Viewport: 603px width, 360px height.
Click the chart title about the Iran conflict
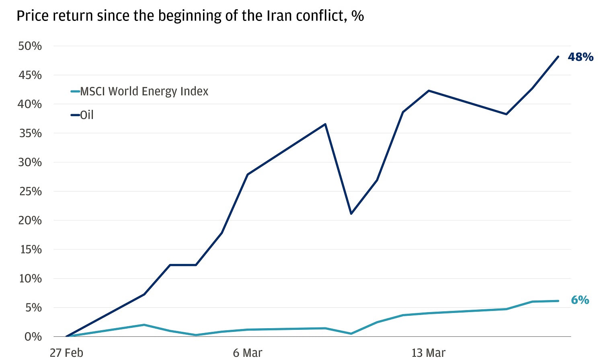pyautogui.click(x=190, y=16)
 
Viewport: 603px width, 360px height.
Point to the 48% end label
pyautogui.click(x=580, y=57)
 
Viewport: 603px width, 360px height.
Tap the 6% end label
pyautogui.click(x=580, y=300)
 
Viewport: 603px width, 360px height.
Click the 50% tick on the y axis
pyautogui.click(x=30, y=46)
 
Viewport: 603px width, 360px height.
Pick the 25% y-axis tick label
pyautogui.click(x=30, y=191)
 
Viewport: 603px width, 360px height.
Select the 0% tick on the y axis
pyautogui.click(x=33, y=337)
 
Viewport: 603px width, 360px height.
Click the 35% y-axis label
pyautogui.click(x=30, y=133)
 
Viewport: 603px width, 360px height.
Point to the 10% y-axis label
pyautogui.click(x=30, y=278)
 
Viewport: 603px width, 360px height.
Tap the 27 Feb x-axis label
pyautogui.click(x=66, y=353)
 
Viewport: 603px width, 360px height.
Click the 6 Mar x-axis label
pyautogui.click(x=248, y=353)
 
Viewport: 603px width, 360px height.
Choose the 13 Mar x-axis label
pyautogui.click(x=429, y=353)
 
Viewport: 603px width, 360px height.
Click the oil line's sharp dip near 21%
pyautogui.click(x=351, y=214)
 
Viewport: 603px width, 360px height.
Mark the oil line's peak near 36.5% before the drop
pyautogui.click(x=325, y=124)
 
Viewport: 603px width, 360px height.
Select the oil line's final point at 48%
pyautogui.click(x=558, y=57)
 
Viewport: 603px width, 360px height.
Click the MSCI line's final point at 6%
pyautogui.click(x=558, y=301)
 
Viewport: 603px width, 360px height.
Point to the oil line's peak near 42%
pyautogui.click(x=429, y=91)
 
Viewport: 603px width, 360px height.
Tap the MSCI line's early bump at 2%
pyautogui.click(x=144, y=325)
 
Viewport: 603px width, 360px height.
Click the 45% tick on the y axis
pyautogui.click(x=30, y=75)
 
